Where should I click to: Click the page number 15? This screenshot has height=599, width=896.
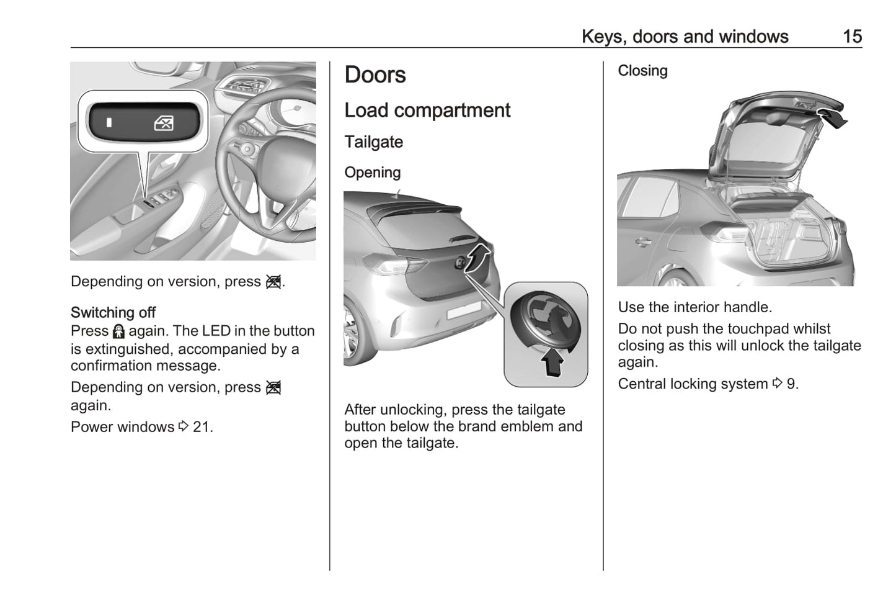click(x=852, y=37)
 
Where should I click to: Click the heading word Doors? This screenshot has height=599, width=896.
click(x=375, y=75)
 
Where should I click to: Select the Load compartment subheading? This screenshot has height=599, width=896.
click(x=427, y=110)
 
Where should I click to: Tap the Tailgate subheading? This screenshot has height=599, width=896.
click(x=373, y=142)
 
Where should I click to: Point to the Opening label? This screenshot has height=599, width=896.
click(x=372, y=173)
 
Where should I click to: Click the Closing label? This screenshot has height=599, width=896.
click(x=642, y=71)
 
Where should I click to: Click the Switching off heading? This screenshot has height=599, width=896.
click(x=113, y=312)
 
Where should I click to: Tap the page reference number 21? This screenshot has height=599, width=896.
click(x=202, y=427)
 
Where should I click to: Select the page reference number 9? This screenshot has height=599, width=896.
click(x=791, y=384)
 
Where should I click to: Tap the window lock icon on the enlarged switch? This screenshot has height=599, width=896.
click(x=164, y=123)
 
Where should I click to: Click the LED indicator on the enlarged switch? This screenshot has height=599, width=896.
click(x=109, y=122)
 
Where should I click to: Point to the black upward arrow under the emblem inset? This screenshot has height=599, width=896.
click(x=552, y=362)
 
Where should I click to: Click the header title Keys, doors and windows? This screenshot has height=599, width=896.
click(x=685, y=37)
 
